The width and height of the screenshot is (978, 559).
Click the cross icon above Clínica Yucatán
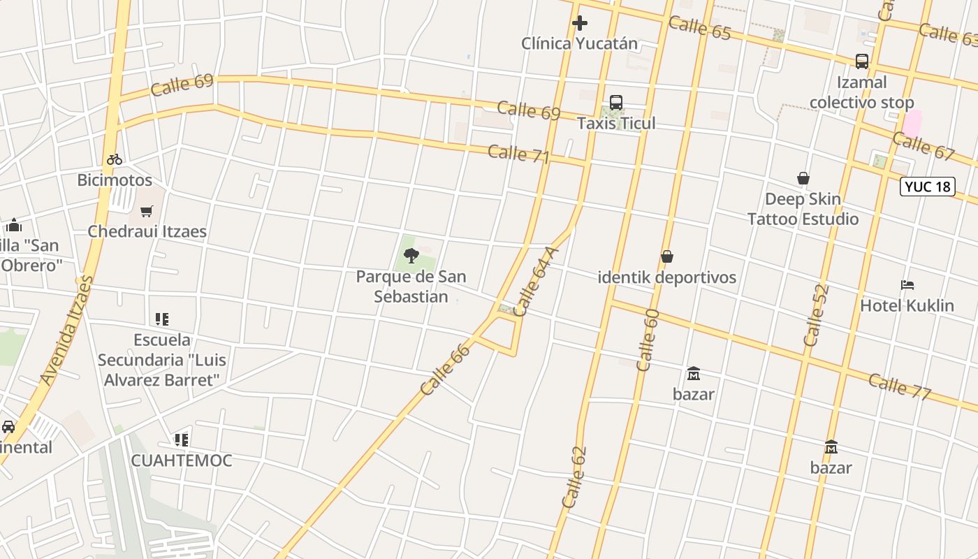click(579, 24)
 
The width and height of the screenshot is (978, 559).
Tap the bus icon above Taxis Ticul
click(616, 103)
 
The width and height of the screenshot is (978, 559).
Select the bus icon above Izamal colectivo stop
click(862, 61)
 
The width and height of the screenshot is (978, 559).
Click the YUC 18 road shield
click(927, 187)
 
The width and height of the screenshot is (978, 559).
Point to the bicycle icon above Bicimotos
click(115, 159)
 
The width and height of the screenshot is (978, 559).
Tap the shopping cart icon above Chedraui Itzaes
click(147, 211)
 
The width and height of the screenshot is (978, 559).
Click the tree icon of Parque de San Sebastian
click(411, 256)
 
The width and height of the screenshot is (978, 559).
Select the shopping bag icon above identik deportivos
click(667, 257)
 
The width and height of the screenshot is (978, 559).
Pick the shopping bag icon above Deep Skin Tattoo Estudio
click(803, 179)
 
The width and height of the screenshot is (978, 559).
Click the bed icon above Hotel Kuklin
click(907, 285)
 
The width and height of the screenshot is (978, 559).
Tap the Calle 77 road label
click(900, 386)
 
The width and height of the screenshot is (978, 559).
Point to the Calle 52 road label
click(816, 314)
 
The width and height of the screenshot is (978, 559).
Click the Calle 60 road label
click(648, 340)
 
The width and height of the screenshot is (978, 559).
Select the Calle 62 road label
click(574, 477)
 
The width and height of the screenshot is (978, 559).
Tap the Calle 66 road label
click(446, 368)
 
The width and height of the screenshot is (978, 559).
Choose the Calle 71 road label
click(519, 154)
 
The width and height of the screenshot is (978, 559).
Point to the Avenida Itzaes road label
click(67, 330)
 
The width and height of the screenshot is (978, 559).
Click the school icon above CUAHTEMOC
click(182, 440)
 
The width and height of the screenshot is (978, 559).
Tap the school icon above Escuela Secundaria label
click(162, 319)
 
